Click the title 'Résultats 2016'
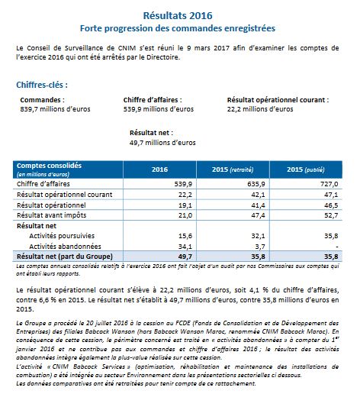coord(178,15)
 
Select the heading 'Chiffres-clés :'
coord(42,85)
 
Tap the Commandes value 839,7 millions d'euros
coord(55,109)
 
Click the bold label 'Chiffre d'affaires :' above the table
coord(153,100)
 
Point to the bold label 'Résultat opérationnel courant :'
coord(278,100)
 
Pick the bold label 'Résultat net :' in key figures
coord(151,133)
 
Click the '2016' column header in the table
coord(159,169)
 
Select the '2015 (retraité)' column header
coord(233,169)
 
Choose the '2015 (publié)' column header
coord(306,169)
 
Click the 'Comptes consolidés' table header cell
coord(49,166)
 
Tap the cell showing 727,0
coord(329,184)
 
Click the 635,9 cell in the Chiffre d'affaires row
coord(256,184)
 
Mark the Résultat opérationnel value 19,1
coord(185,205)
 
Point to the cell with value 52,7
coord(331,215)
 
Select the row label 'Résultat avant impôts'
coord(52,215)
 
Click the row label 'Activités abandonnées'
coord(65,247)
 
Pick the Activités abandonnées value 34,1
coord(185,247)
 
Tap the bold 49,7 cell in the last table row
coord(185,257)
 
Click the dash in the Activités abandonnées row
coord(337,247)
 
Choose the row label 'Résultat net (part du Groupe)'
coord(65,257)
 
